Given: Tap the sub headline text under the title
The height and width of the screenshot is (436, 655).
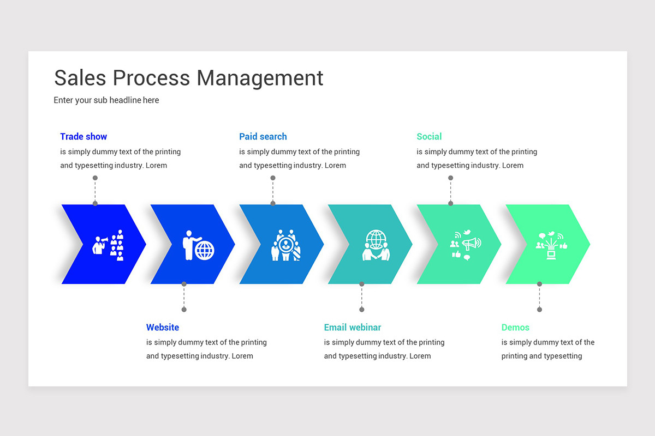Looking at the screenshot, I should [106, 100].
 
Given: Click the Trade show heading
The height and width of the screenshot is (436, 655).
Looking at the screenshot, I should [84, 137].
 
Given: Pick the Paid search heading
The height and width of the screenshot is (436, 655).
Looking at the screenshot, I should [263, 137].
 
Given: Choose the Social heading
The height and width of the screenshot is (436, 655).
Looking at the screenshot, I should [429, 137].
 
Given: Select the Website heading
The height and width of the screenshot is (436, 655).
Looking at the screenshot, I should [163, 328].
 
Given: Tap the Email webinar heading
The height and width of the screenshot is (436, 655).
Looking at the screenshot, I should [353, 328].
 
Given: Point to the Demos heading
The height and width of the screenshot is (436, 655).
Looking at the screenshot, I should [515, 328].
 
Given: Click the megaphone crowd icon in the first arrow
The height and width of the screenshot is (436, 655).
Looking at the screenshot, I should [108, 245].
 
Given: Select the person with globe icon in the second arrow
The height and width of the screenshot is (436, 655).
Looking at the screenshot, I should [198, 245].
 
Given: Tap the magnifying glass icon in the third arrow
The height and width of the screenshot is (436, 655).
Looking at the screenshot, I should [286, 245].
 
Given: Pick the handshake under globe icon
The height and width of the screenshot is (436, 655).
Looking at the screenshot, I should [376, 245].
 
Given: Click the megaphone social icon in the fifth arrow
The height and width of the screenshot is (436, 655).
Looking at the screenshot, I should [465, 245].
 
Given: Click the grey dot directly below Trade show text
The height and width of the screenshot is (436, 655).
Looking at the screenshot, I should [95, 178].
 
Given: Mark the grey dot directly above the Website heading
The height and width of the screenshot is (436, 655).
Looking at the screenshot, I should [184, 310].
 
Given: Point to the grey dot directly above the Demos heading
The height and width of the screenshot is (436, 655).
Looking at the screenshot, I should [539, 310].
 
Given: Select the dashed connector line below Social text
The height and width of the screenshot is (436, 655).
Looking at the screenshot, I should [450, 191].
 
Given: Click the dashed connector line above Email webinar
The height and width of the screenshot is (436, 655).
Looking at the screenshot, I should [361, 297].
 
